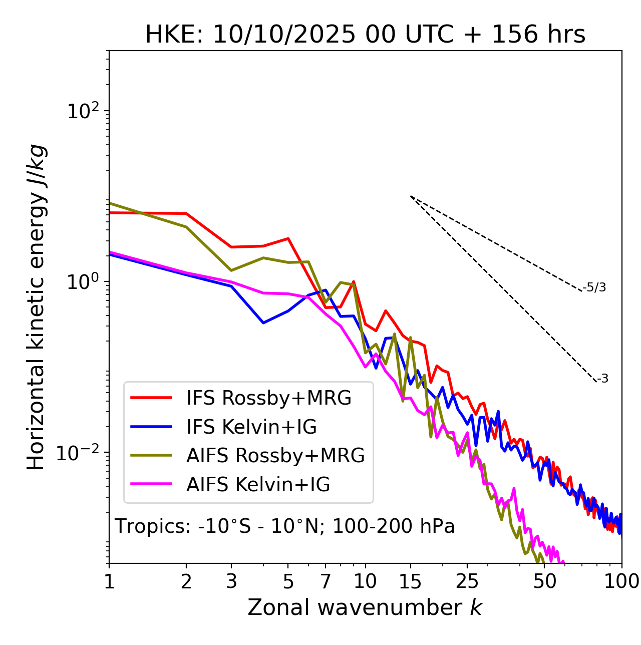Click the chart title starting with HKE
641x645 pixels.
click(365, 35)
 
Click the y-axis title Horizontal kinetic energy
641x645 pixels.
click(36, 307)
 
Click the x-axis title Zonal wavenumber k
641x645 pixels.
click(365, 607)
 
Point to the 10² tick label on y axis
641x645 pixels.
click(83, 111)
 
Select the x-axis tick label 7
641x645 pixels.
click(326, 581)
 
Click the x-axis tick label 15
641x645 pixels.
click(411, 581)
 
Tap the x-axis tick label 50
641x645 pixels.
click(544, 581)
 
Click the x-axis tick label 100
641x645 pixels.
click(621, 581)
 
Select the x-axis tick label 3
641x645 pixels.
click(231, 581)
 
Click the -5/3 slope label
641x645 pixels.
click(595, 287)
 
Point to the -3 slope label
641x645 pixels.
click(602, 379)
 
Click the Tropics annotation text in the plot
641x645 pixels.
click(285, 526)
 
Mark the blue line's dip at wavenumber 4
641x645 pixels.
click(263, 323)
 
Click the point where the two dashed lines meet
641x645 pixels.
click(411, 196)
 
